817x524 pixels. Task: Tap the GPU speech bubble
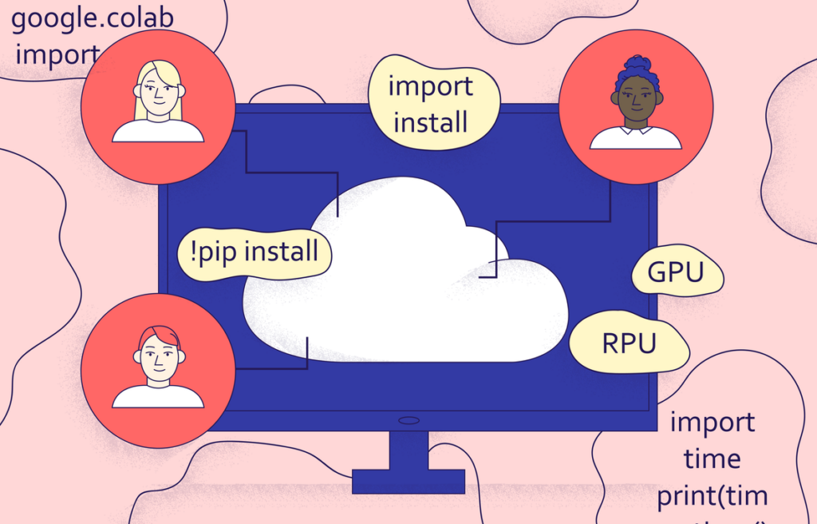(x=677, y=274)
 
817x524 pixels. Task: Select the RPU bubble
(x=629, y=343)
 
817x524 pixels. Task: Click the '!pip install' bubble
(x=255, y=252)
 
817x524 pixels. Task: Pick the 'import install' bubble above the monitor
(x=432, y=104)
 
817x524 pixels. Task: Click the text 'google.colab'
(x=92, y=18)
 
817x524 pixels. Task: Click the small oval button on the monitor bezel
(x=408, y=420)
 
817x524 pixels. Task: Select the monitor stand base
(x=408, y=481)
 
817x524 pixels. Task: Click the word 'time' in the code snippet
(x=712, y=459)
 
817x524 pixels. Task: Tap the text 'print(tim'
(x=712, y=496)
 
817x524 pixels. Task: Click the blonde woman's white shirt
(x=158, y=132)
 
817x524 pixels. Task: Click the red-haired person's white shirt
(x=158, y=396)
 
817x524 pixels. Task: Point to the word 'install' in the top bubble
(x=431, y=123)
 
